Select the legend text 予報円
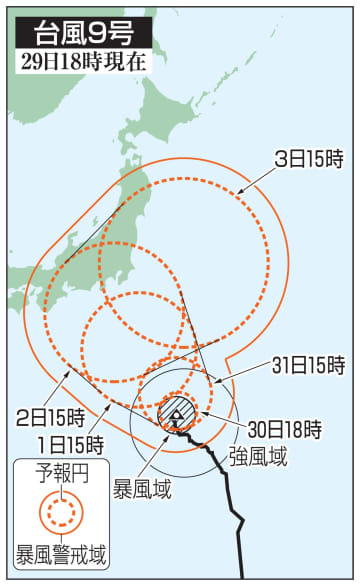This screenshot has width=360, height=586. tap(61, 471)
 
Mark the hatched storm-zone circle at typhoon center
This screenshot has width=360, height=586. tap(176, 410)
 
